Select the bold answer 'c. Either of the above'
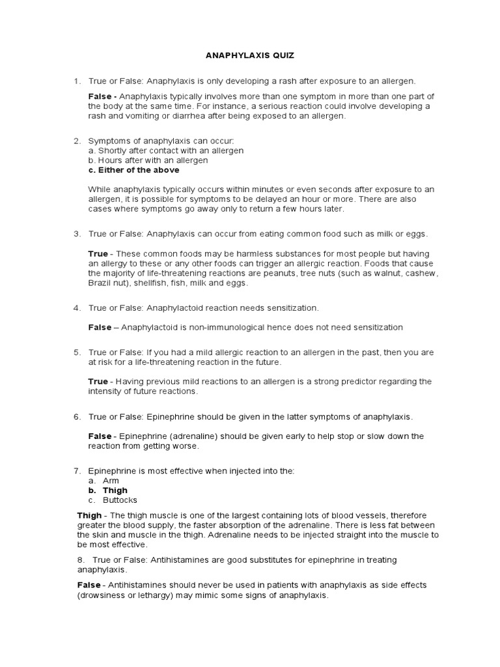click(133, 170)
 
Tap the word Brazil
click(100, 284)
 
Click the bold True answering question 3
click(98, 253)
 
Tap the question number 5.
click(76, 352)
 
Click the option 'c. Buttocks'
click(115, 500)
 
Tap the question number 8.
click(80, 560)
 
